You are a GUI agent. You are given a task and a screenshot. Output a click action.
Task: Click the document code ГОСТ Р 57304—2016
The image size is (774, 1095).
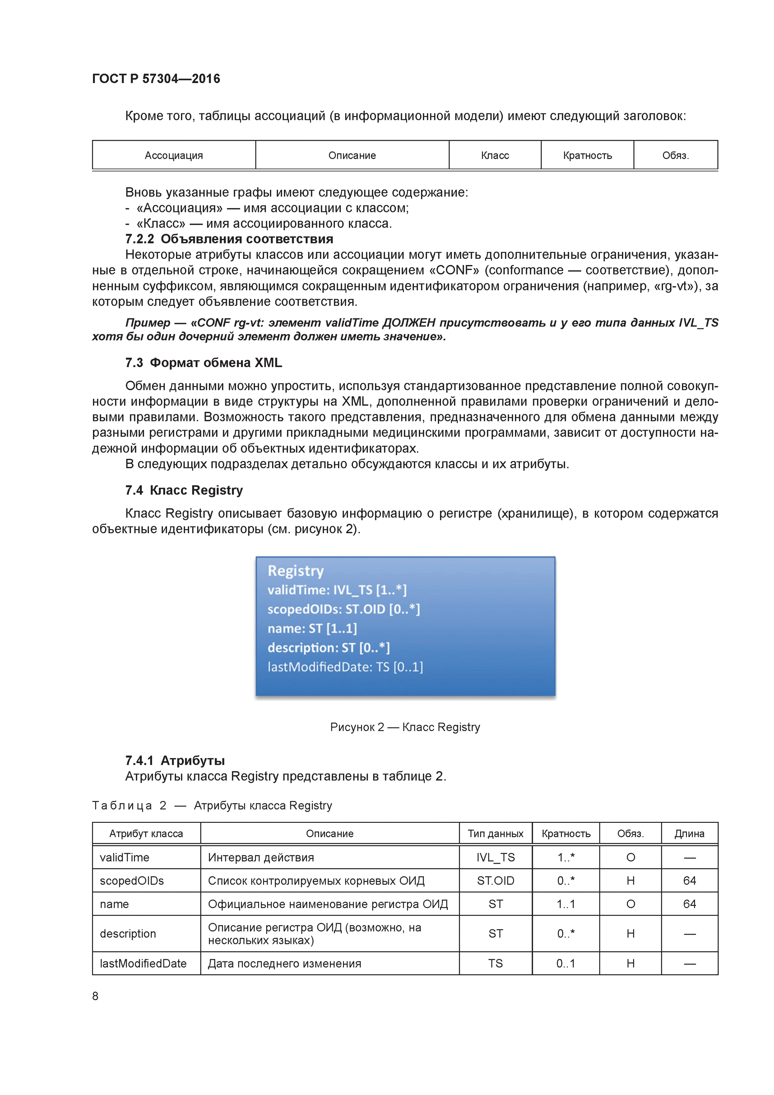156,79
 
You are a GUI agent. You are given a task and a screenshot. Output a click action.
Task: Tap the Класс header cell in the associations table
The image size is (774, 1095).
495,155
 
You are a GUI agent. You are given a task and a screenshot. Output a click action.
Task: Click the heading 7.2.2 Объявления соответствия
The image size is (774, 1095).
229,239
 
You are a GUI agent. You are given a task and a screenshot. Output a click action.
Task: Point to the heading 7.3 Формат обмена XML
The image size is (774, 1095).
203,363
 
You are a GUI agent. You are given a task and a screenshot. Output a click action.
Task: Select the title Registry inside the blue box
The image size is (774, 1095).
295,571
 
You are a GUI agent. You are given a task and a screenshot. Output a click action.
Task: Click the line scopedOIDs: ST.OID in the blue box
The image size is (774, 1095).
343,610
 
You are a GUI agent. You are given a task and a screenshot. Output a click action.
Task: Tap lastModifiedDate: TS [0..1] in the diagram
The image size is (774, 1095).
345,667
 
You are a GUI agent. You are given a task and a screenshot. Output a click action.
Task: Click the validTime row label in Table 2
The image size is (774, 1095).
125,857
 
